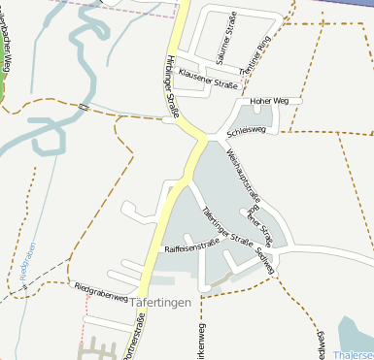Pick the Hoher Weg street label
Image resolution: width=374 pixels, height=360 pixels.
pyautogui.click(x=269, y=101)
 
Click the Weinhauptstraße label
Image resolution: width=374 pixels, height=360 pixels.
pyautogui.click(x=238, y=169)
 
